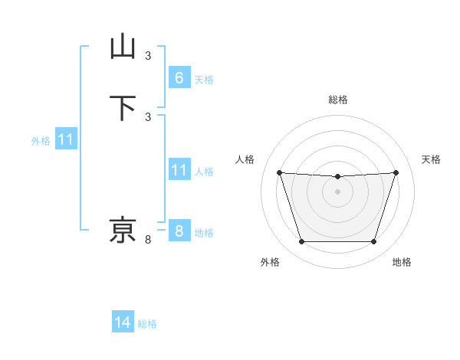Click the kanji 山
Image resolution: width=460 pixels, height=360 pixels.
(123, 47)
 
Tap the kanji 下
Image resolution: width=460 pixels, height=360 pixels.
(123, 107)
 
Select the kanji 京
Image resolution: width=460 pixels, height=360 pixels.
(123, 230)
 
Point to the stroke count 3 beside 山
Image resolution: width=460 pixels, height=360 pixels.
(148, 55)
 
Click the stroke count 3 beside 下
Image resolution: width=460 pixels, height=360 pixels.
(148, 116)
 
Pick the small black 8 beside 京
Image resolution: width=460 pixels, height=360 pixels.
(148, 240)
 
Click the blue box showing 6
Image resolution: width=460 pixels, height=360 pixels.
(179, 78)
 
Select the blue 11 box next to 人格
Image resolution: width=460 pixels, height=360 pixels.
(179, 170)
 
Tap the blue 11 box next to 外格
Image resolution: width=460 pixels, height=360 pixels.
(66, 140)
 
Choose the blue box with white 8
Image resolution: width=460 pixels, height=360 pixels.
(179, 231)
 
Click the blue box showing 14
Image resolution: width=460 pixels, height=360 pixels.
(123, 322)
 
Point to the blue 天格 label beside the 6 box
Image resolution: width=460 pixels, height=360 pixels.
(204, 80)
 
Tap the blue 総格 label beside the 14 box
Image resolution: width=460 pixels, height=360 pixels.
(147, 324)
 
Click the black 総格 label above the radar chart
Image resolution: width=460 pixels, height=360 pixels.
(337, 100)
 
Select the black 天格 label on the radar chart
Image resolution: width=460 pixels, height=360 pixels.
(431, 159)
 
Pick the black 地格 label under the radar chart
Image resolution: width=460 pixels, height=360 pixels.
(402, 262)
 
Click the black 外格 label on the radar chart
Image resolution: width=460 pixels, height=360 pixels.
(270, 262)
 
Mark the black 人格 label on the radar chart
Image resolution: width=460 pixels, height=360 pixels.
(245, 159)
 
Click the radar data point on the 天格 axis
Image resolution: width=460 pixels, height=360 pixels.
(396, 173)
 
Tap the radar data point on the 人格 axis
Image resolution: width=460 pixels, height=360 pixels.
(279, 173)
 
